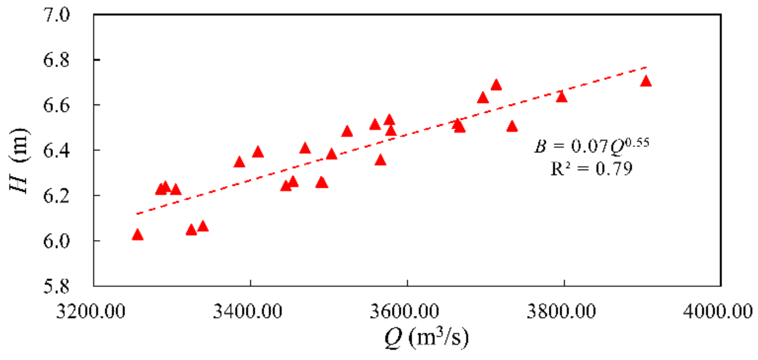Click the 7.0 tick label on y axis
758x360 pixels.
(x=56, y=15)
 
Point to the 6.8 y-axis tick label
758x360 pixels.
(x=56, y=60)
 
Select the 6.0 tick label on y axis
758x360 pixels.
(x=56, y=241)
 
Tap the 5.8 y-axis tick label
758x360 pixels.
(x=56, y=287)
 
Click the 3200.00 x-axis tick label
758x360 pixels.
(x=91, y=311)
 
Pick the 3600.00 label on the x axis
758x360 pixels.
(x=404, y=311)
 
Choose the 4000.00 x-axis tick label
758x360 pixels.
(x=718, y=311)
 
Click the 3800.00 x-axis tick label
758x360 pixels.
(x=561, y=311)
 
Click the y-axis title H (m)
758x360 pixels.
(x=19, y=161)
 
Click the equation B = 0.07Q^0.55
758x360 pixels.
(x=591, y=145)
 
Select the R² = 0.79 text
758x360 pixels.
(x=591, y=168)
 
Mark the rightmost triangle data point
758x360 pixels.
(x=646, y=82)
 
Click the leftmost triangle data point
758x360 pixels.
(x=137, y=235)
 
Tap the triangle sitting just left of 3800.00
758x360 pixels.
(x=561, y=97)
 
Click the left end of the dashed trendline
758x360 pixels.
(x=137, y=214)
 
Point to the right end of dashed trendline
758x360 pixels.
(x=646, y=67)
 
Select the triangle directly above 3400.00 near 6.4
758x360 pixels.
(x=258, y=152)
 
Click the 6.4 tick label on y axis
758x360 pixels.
(x=56, y=151)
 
